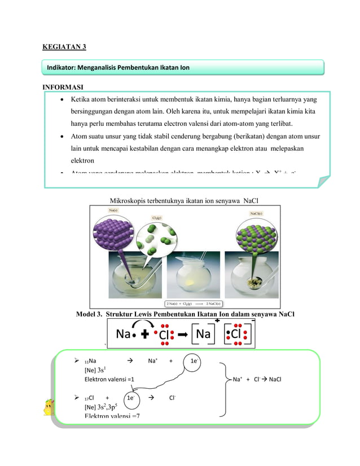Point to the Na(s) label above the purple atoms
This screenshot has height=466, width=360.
[110, 210]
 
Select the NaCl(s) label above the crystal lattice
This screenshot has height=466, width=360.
[255, 213]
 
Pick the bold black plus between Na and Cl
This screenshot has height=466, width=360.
[145, 335]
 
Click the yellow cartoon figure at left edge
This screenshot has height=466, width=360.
[50, 407]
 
